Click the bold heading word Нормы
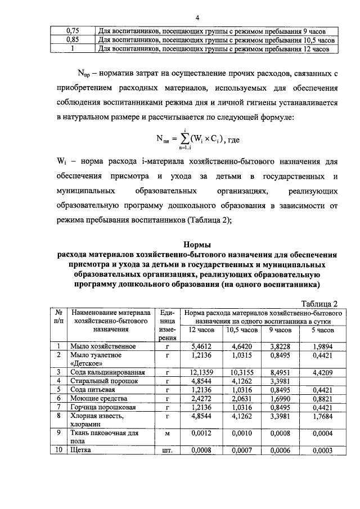(x=198, y=244)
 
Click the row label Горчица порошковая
(x=102, y=407)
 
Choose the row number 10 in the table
(x=58, y=449)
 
